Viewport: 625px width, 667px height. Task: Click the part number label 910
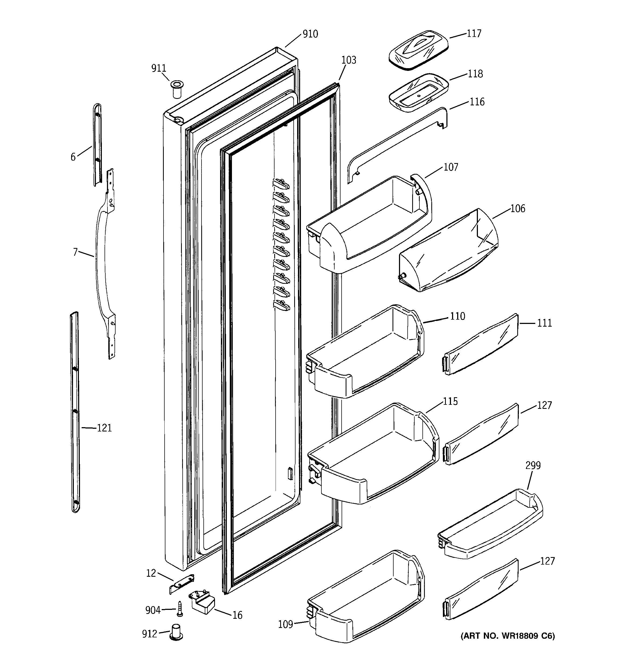coord(310,34)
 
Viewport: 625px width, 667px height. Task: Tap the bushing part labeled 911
coord(177,89)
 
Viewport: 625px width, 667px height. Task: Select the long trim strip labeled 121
coord(75,413)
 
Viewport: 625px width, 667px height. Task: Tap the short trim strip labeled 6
coord(97,144)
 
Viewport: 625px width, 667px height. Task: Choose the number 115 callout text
coord(450,401)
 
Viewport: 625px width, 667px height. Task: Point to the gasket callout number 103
coord(349,60)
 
